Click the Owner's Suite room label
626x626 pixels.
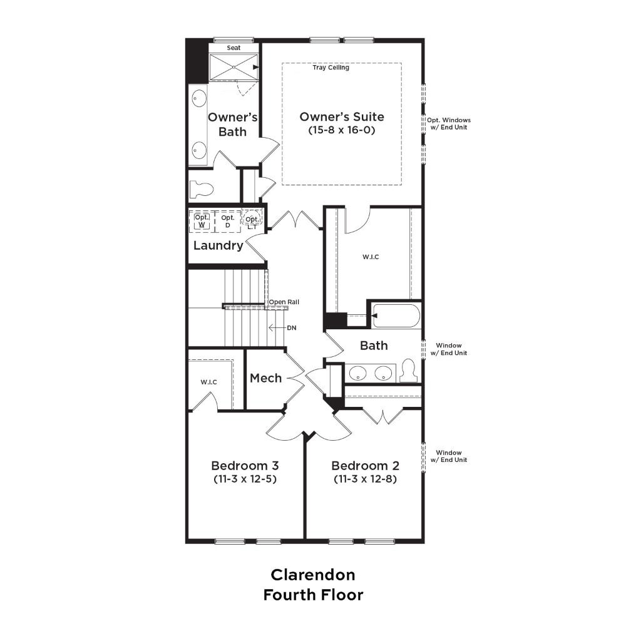[342, 116]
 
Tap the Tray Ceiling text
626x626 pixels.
[331, 68]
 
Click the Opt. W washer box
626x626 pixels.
[202, 221]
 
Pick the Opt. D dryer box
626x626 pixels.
[228, 221]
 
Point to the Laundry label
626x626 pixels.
[218, 245]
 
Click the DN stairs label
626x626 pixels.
[292, 328]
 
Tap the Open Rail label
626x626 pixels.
[284, 302]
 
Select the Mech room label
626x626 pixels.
[265, 377]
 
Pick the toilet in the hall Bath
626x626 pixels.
[408, 371]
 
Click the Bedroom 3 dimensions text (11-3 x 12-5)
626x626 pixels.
[245, 479]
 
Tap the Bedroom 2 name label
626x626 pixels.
[366, 466]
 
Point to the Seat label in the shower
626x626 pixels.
[233, 48]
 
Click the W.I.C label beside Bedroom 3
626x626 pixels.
[209, 382]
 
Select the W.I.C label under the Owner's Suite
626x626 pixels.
[371, 257]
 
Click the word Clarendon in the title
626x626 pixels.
[313, 575]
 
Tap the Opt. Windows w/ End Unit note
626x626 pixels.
[449, 123]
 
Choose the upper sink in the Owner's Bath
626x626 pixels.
[199, 98]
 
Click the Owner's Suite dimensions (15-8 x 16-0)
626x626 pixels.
[342, 130]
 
